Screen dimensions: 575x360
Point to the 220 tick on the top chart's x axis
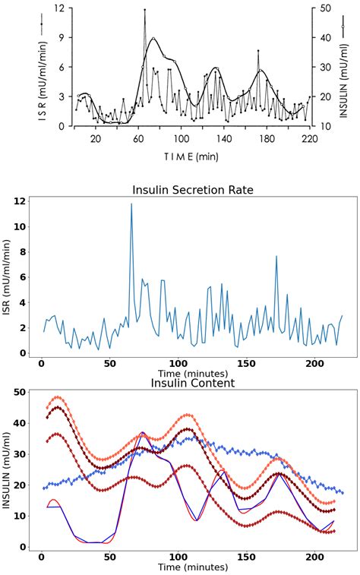tap(309, 139)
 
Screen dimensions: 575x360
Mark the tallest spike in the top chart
tap(144, 11)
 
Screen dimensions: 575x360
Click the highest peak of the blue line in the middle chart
tap(131, 204)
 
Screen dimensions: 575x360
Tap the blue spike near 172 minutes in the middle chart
tap(276, 256)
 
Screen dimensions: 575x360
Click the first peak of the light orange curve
tap(57, 397)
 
